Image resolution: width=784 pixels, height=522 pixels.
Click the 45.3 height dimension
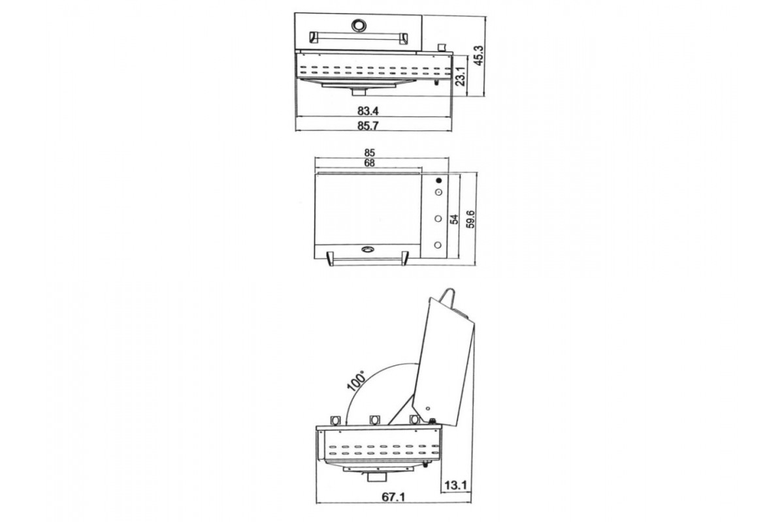pyautogui.click(x=478, y=55)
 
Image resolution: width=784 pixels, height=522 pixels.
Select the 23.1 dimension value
pyautogui.click(x=460, y=76)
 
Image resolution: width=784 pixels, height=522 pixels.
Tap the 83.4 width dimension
pyautogui.click(x=368, y=111)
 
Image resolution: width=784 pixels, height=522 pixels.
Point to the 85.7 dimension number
pyautogui.click(x=368, y=125)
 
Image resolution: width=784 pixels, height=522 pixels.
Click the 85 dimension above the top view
pyautogui.click(x=370, y=153)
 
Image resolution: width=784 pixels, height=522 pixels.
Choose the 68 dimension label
pyautogui.click(x=370, y=163)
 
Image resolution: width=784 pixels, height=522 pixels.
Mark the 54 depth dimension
pyautogui.click(x=453, y=220)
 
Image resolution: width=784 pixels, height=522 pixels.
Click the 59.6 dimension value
pyautogui.click(x=470, y=219)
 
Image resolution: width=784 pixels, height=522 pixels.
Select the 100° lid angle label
pyautogui.click(x=356, y=380)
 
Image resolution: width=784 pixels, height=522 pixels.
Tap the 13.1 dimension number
pyautogui.click(x=456, y=485)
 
